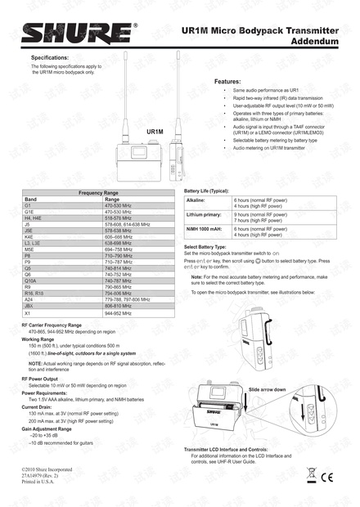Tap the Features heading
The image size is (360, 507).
[227, 83]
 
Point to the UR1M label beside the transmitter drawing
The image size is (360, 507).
[155, 131]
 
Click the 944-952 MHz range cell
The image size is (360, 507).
[122, 312]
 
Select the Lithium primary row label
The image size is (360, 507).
[204, 214]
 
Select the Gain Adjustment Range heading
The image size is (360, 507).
[47, 428]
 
